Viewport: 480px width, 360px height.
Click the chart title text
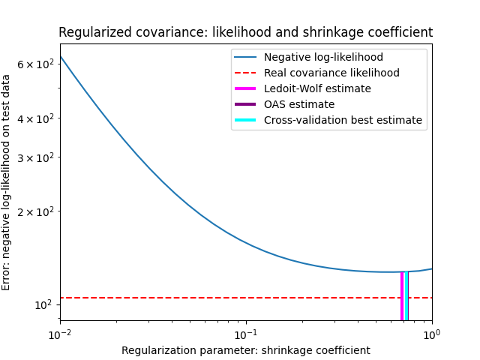(x=245, y=33)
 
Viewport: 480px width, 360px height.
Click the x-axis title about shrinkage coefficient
(x=245, y=350)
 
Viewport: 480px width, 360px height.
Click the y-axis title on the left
(x=7, y=182)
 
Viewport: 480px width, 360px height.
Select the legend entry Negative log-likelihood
(x=323, y=57)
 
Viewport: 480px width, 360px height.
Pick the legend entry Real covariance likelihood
(x=331, y=73)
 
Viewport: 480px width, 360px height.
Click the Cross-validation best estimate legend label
(x=343, y=120)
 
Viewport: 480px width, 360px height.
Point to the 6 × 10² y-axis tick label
(x=35, y=64)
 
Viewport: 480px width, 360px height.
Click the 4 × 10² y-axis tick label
(x=35, y=118)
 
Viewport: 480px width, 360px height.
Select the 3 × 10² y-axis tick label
(x=35, y=157)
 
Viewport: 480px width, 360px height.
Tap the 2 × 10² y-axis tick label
(x=35, y=211)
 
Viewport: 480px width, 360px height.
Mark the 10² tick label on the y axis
(x=42, y=304)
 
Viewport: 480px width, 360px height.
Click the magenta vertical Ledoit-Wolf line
(x=402, y=296)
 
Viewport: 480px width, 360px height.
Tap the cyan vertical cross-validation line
(x=406, y=296)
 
